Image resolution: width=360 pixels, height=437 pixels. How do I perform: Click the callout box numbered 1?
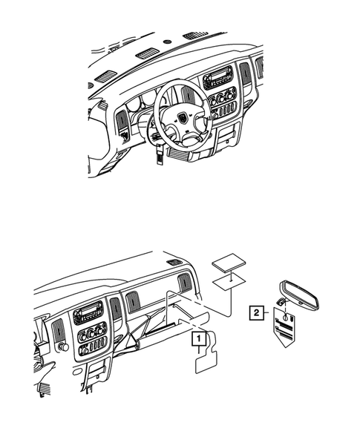pyautogui.click(x=197, y=341)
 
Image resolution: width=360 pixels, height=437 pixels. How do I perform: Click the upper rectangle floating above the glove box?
pyautogui.click(x=227, y=265)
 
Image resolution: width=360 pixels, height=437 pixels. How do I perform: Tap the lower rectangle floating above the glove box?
pyautogui.click(x=230, y=282)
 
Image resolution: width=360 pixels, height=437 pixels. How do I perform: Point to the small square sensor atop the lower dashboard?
pyautogui.click(x=174, y=262)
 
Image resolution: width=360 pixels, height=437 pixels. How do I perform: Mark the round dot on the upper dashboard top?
pyautogui.click(x=167, y=41)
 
